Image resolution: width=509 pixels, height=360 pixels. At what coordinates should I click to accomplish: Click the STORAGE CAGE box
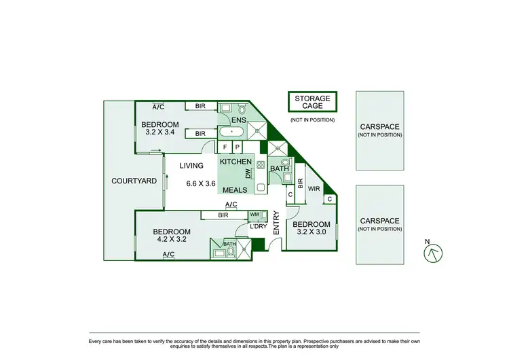coord(312,103)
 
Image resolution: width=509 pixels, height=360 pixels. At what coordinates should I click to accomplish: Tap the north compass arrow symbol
coord(432,253)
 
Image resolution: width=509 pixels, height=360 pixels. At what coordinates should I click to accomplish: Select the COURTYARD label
coord(134,181)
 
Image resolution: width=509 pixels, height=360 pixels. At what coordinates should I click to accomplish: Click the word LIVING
coord(192,166)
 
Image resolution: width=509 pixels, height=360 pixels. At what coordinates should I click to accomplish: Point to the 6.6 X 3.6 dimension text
coord(201,183)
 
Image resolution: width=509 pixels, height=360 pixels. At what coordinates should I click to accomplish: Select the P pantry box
coord(238,147)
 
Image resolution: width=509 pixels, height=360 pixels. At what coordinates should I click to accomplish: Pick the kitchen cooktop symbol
coord(261,164)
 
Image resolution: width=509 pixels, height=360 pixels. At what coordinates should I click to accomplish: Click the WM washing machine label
coord(254,215)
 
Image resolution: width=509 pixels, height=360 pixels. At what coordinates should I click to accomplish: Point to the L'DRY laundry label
coord(258,226)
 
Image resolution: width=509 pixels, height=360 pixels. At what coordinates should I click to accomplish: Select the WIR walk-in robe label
coord(314,188)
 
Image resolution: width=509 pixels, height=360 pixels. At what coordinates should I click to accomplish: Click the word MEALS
coord(235,190)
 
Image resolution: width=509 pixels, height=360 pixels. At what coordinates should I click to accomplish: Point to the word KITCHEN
coord(235,162)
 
